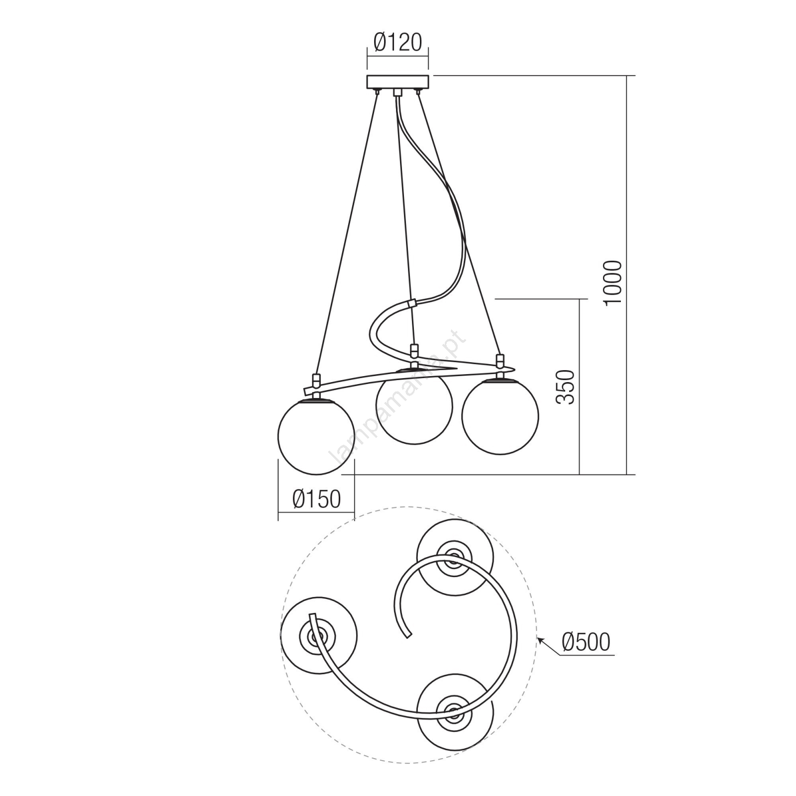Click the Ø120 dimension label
tap(398, 43)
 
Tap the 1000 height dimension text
tap(612, 282)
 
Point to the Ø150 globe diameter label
tap(317, 499)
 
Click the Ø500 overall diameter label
tap(586, 642)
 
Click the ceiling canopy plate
tap(398, 82)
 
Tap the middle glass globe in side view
tap(414, 405)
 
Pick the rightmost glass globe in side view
tap(500, 416)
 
